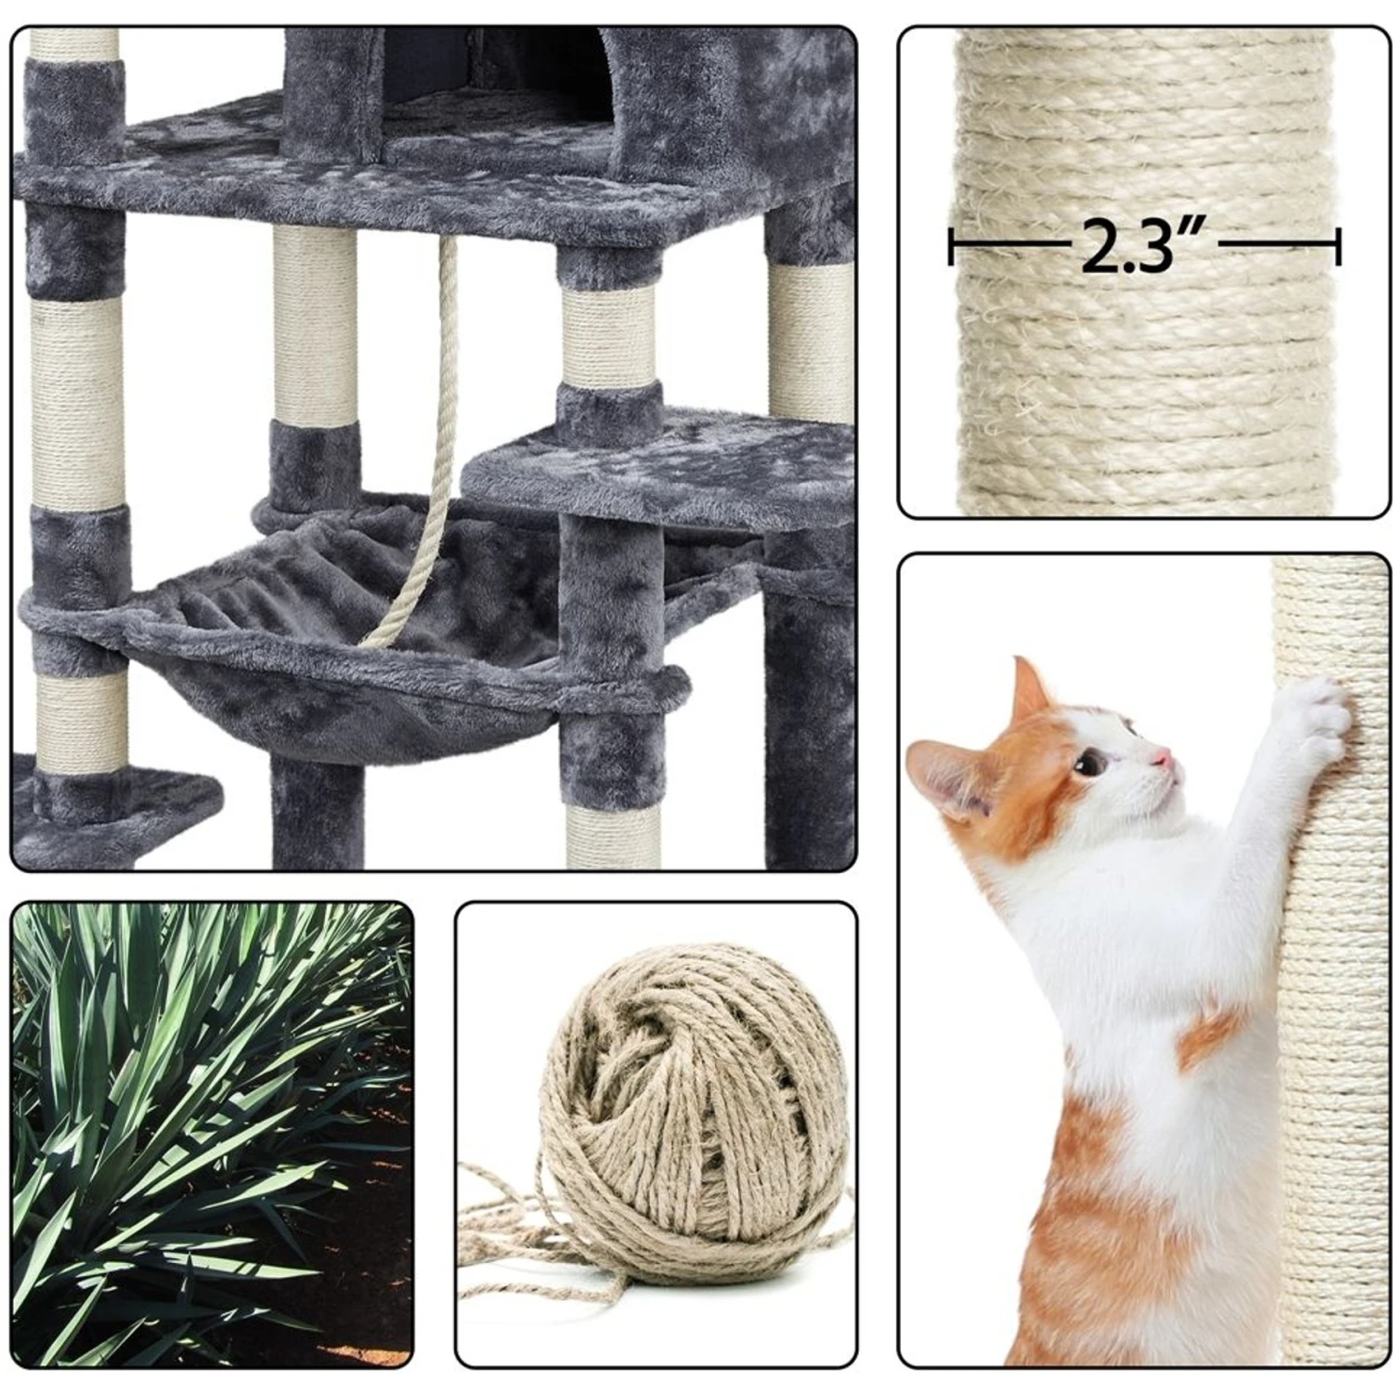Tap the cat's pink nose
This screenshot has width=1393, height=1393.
tap(1162, 761)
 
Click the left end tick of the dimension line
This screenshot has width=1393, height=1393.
tap(951, 247)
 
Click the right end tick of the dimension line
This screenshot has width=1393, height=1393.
tap(1337, 247)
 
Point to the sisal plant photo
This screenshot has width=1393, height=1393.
tap(212, 1133)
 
